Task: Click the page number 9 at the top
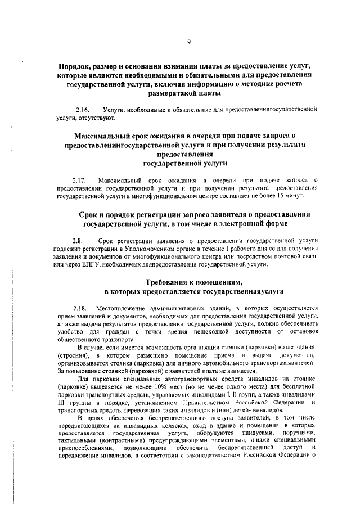(189, 41)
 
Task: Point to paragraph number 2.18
(82, 309)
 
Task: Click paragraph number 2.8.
(78, 240)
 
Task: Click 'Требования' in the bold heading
(167, 281)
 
